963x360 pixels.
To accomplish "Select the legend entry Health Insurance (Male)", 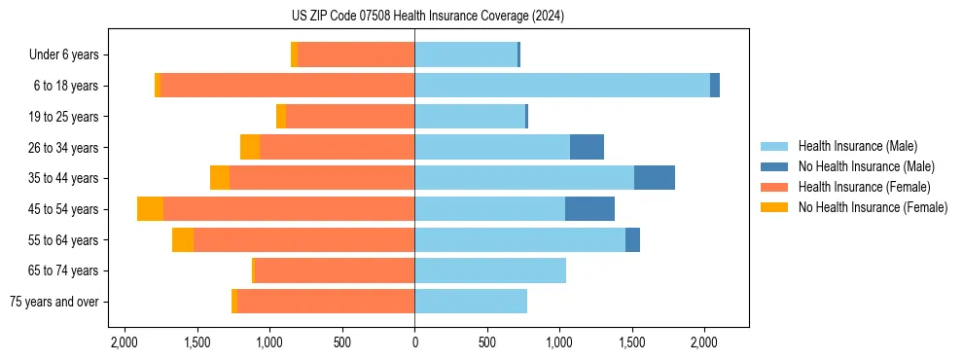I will [857, 146].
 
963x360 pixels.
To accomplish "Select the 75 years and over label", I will [53, 302].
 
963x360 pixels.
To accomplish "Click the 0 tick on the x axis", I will [414, 342].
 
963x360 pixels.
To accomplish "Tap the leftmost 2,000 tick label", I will [125, 342].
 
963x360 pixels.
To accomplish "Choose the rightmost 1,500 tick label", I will [632, 342].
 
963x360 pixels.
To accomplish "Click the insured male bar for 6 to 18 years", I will [562, 86].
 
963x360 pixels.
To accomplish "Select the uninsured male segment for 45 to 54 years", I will [589, 209].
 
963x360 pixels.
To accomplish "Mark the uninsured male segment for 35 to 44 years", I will [654, 178].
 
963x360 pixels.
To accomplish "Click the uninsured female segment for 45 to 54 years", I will [150, 209].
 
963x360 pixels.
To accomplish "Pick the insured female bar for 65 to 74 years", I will [334, 270].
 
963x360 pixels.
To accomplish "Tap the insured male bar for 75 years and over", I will [471, 302].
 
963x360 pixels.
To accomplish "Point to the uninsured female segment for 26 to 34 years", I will [250, 147].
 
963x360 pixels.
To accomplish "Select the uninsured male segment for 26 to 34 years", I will [587, 147].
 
